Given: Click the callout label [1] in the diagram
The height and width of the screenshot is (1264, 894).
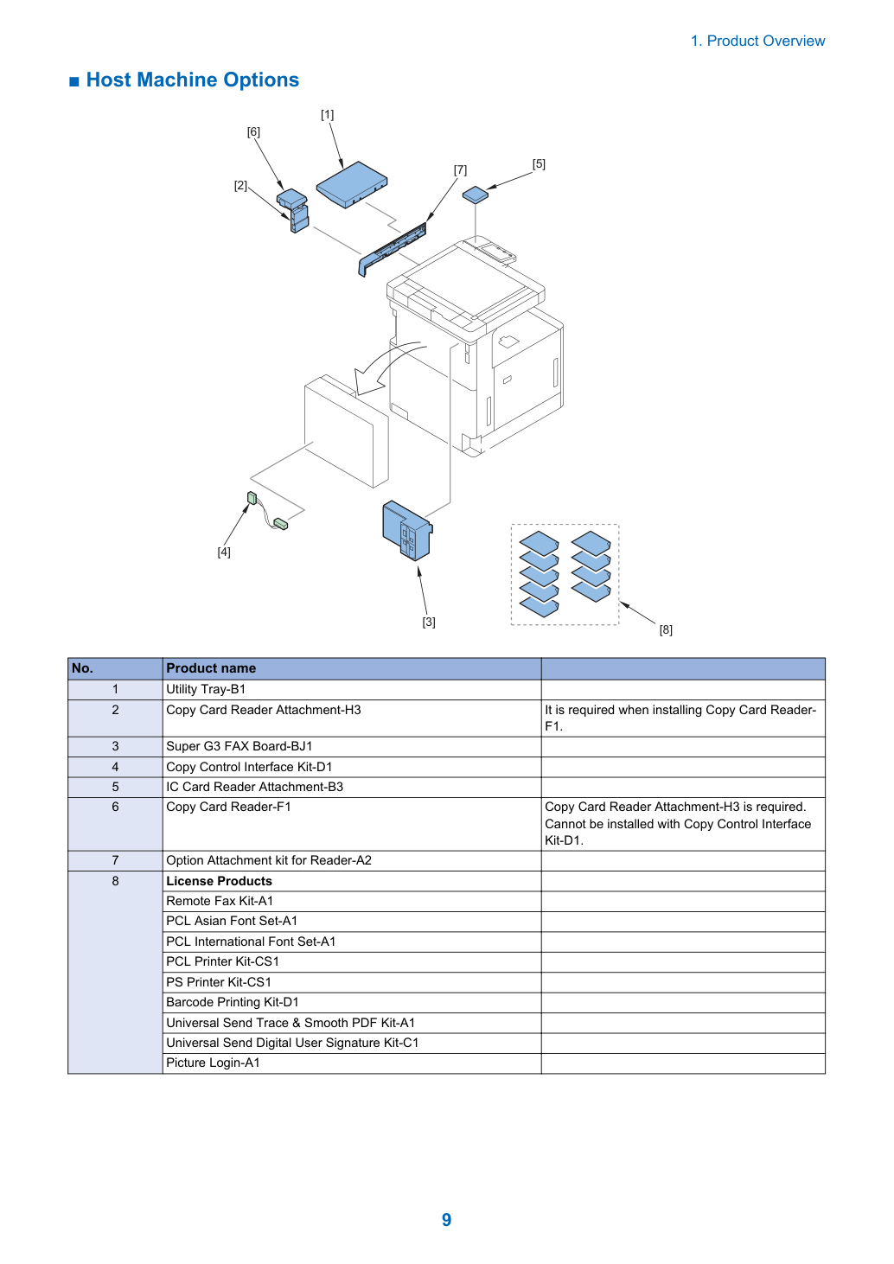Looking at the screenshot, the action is tap(328, 114).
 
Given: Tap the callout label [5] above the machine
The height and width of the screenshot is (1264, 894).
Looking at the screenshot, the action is tap(539, 163).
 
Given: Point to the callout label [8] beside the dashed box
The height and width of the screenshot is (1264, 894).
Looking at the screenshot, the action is tap(666, 629).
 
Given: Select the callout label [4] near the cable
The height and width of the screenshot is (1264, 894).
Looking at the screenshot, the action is tap(224, 552).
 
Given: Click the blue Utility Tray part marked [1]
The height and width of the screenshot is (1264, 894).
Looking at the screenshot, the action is tap(352, 184).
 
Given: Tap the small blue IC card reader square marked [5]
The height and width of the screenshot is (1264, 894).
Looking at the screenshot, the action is tap(476, 195).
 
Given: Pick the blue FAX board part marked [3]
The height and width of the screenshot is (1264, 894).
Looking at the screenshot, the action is tap(407, 531).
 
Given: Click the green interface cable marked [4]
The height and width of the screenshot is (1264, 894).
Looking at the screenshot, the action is tap(267, 511).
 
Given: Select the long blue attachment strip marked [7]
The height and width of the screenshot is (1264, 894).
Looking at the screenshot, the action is tap(393, 249).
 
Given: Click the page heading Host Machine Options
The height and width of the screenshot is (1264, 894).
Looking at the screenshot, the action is tap(192, 80).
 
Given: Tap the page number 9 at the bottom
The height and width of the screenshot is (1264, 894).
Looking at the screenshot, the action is tap(446, 1220).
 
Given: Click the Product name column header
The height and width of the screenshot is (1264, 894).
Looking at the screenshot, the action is tap(210, 668).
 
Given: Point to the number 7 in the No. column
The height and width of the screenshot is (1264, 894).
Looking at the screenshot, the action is tap(115, 860).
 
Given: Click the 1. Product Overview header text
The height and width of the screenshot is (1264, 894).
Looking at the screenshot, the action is tap(757, 41).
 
